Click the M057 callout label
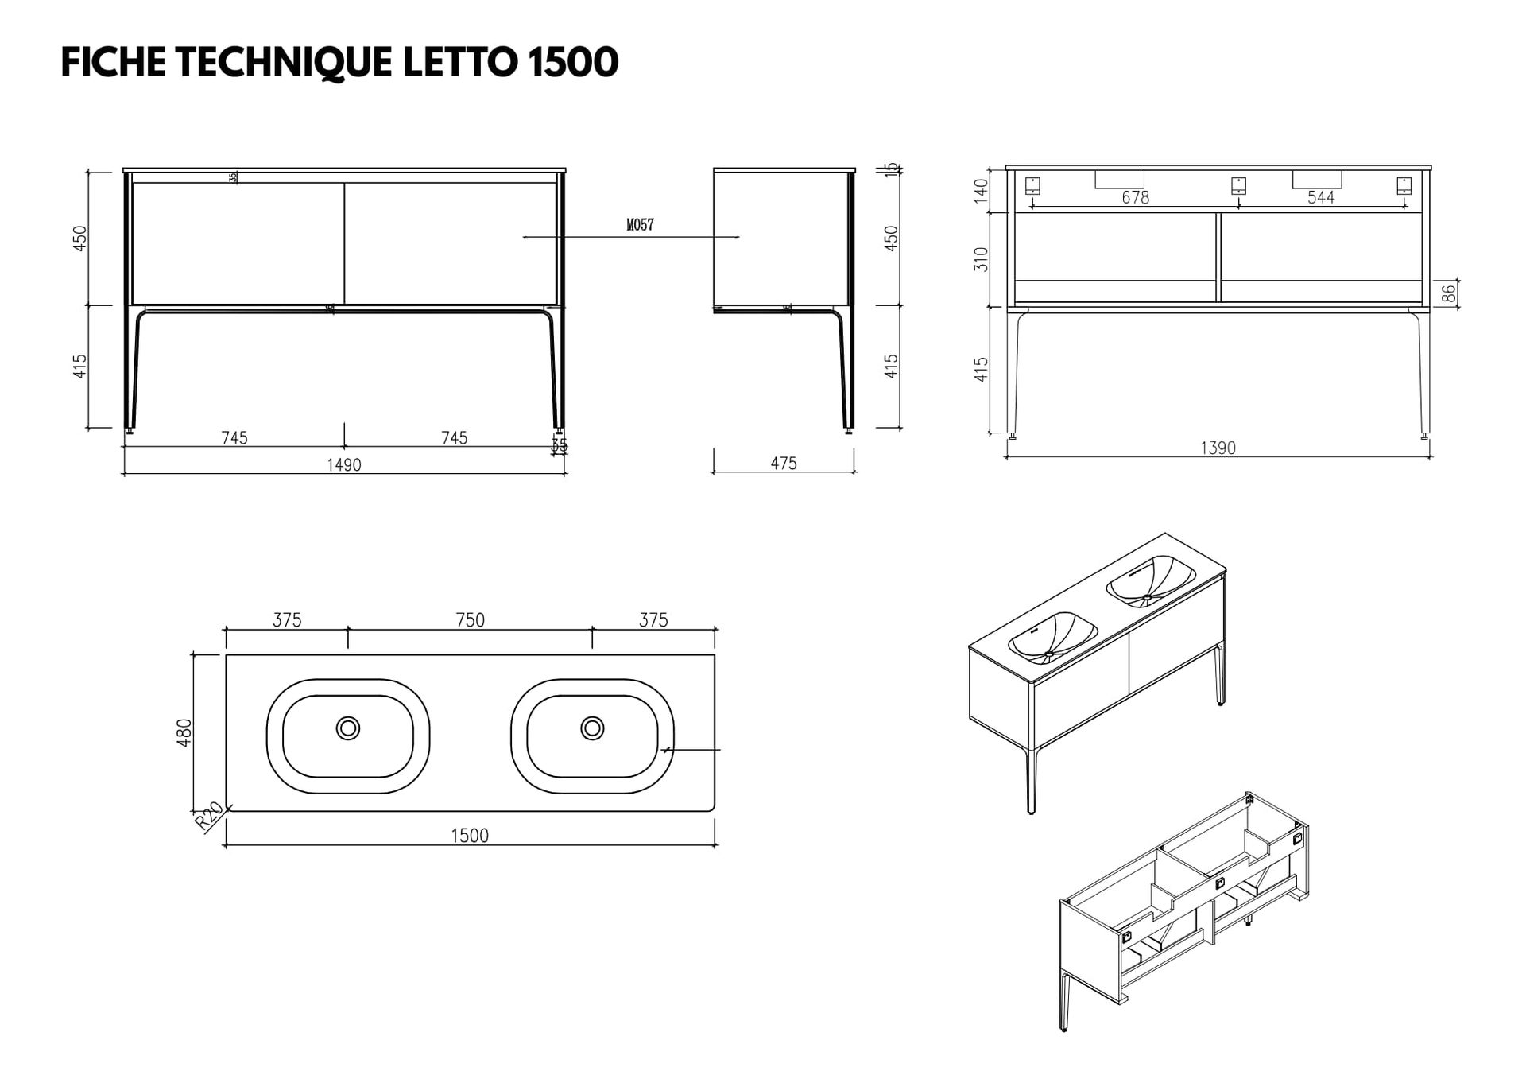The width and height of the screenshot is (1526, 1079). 640,225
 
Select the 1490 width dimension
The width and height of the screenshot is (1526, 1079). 344,464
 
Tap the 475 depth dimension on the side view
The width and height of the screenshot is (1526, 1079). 784,463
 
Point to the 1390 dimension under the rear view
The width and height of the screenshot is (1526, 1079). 1218,448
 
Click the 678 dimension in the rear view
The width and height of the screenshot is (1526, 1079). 1136,197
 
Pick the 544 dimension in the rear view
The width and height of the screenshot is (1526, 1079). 1321,197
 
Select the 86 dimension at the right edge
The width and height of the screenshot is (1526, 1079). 1448,293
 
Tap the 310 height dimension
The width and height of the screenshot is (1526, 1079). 981,259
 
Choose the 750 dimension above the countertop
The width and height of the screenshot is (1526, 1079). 471,619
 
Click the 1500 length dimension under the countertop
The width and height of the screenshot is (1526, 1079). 470,835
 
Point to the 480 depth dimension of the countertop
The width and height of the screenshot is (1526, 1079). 184,732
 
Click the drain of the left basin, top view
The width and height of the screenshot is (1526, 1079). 348,728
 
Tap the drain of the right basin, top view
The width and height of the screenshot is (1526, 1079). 592,728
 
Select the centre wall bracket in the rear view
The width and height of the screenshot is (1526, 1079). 1238,186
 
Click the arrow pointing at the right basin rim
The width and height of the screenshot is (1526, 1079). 668,749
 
